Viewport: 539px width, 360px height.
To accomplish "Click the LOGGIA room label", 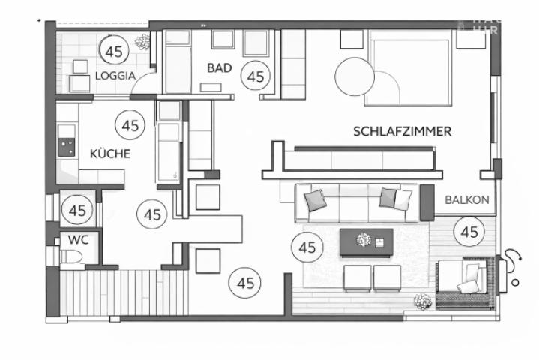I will [115, 75].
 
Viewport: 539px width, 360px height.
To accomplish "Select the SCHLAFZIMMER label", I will [402, 131].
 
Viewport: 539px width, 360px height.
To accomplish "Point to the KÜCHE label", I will [110, 154].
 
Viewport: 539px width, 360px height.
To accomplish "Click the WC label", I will [78, 240].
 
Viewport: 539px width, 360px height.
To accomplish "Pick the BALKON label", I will [467, 200].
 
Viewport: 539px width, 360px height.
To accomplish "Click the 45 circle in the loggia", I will [114, 52].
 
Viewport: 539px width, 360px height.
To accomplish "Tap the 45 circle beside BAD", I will [257, 76].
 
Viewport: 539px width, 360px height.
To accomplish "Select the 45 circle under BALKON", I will [470, 232].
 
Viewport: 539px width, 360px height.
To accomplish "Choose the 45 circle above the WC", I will [77, 211].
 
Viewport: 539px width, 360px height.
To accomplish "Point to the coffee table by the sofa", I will [367, 242].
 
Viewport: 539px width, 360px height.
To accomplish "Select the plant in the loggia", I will [141, 42].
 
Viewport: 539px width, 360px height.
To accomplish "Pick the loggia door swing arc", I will [142, 86].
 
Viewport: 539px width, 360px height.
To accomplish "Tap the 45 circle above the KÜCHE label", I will [130, 125].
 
